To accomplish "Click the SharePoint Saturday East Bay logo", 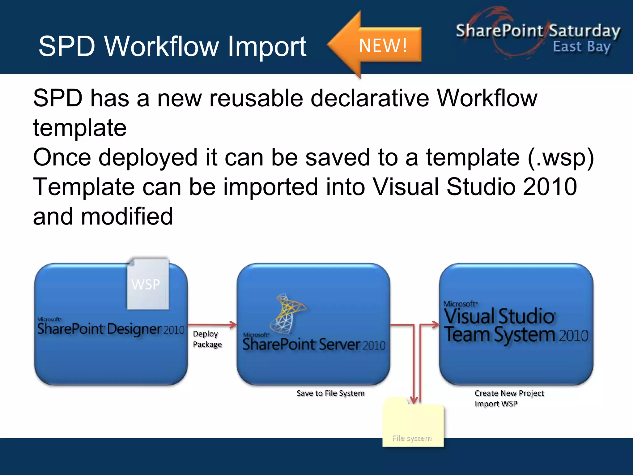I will point(538,36).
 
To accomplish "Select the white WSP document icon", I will point(148,284).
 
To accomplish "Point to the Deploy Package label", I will point(207,339).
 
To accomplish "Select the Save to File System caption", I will point(330,393).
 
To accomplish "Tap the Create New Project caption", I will point(509,393).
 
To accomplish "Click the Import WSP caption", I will point(496,404).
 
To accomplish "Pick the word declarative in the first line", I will point(369,98).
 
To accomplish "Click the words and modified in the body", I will point(103,216).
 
